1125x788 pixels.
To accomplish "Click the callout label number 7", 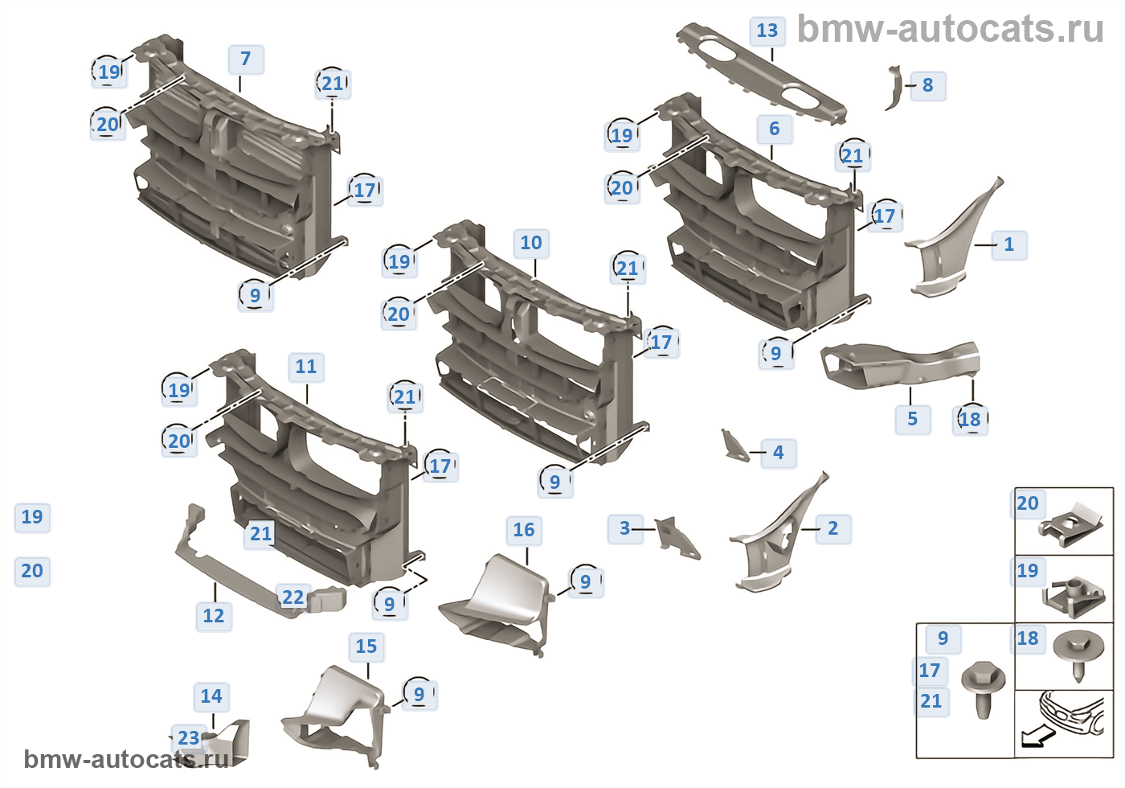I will [x=246, y=59].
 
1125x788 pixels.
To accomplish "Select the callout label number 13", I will [x=767, y=31].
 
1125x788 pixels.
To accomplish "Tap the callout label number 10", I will [x=531, y=243].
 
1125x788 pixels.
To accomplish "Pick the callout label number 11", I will [x=306, y=367].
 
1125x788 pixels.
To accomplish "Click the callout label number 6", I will [x=775, y=129].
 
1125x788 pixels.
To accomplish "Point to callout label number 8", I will [x=927, y=85].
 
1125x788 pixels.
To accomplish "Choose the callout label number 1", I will [x=1009, y=244].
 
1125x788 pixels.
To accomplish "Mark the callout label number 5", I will [x=913, y=419].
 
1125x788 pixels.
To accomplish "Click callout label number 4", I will [x=778, y=453].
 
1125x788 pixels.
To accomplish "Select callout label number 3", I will [x=624, y=528].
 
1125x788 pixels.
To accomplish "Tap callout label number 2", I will [x=833, y=528].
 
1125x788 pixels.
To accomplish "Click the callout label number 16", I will [x=524, y=530].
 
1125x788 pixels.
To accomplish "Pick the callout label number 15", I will [x=366, y=646].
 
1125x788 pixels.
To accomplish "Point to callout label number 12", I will [x=214, y=616].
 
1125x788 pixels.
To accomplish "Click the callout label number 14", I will [x=211, y=696].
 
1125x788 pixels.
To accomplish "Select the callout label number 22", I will [x=293, y=597].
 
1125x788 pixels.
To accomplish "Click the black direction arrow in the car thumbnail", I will [x=1036, y=735].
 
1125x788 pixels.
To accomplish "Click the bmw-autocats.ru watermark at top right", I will [x=951, y=29].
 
